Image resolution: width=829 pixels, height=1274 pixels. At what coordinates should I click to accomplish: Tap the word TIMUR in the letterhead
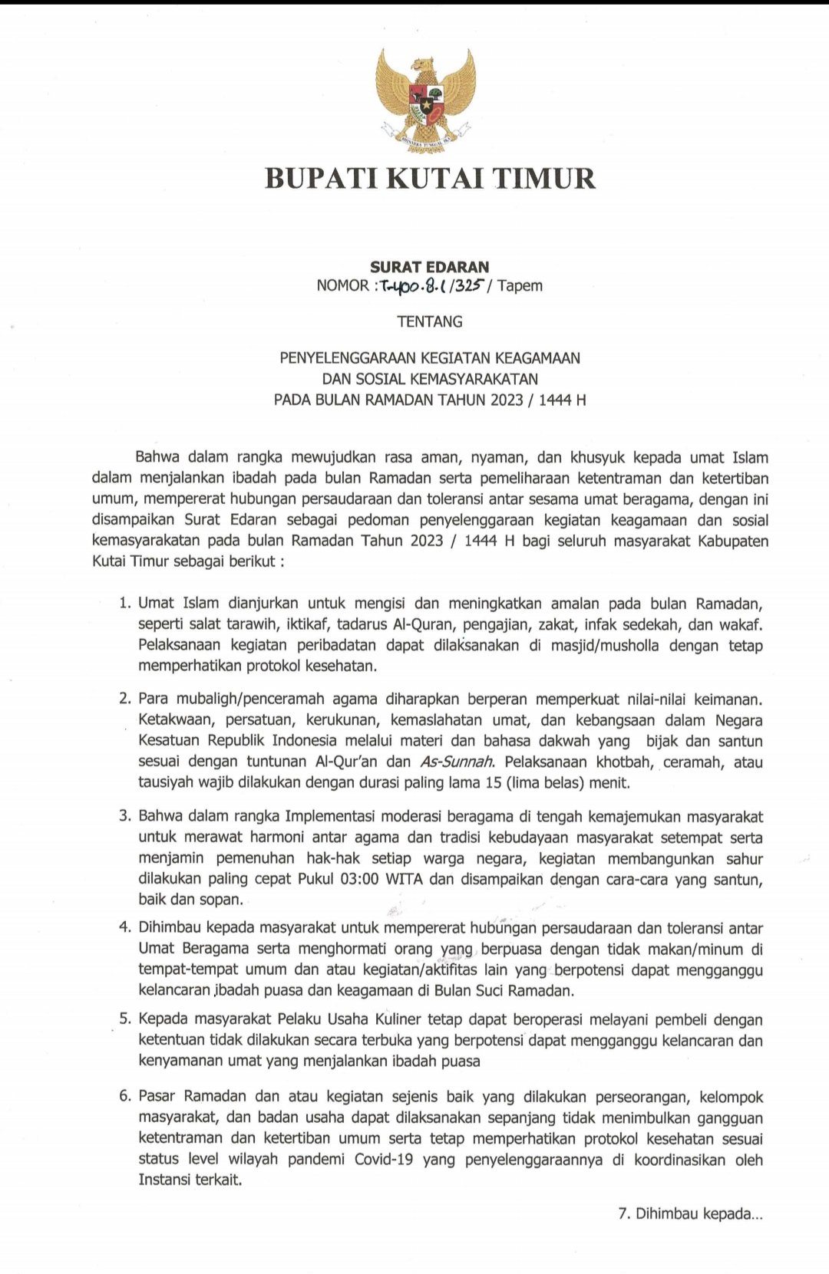pyautogui.click(x=543, y=178)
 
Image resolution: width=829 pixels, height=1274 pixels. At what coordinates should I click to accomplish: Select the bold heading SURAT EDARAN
pyautogui.click(x=429, y=267)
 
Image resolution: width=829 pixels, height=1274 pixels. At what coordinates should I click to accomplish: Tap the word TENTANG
pyautogui.click(x=430, y=322)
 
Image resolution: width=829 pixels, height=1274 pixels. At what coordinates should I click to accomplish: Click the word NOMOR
pyautogui.click(x=342, y=286)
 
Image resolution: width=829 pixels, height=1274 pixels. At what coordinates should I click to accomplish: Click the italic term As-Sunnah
pyautogui.click(x=457, y=762)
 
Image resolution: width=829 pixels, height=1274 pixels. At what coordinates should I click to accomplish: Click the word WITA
pyautogui.click(x=404, y=879)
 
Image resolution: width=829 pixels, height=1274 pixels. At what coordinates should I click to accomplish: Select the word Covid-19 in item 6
pyautogui.click(x=384, y=1160)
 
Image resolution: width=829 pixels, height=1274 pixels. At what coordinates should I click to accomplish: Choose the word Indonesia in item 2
pyautogui.click(x=296, y=741)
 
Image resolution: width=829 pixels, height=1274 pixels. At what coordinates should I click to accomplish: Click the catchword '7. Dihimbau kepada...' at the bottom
pyautogui.click(x=690, y=1214)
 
